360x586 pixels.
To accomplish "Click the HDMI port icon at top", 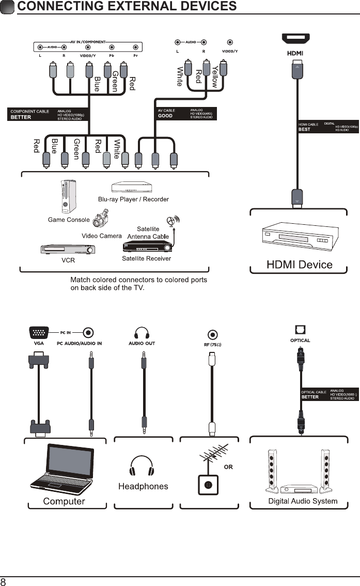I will click(295, 39).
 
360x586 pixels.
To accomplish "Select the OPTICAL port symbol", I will click(300, 329).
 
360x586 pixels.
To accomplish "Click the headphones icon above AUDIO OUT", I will click(142, 332).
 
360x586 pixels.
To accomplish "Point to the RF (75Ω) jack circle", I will click(211, 334).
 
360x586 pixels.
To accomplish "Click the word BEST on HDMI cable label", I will click(304, 130).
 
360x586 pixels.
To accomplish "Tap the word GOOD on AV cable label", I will click(165, 116).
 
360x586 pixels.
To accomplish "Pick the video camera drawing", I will click(100, 221).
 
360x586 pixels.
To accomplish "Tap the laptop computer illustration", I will click(61, 469).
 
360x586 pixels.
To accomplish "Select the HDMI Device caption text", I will click(299, 265).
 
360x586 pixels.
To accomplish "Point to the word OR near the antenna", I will click(228, 467).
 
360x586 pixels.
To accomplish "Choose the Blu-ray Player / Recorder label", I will click(133, 199).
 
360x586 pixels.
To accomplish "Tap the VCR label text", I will click(68, 260).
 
